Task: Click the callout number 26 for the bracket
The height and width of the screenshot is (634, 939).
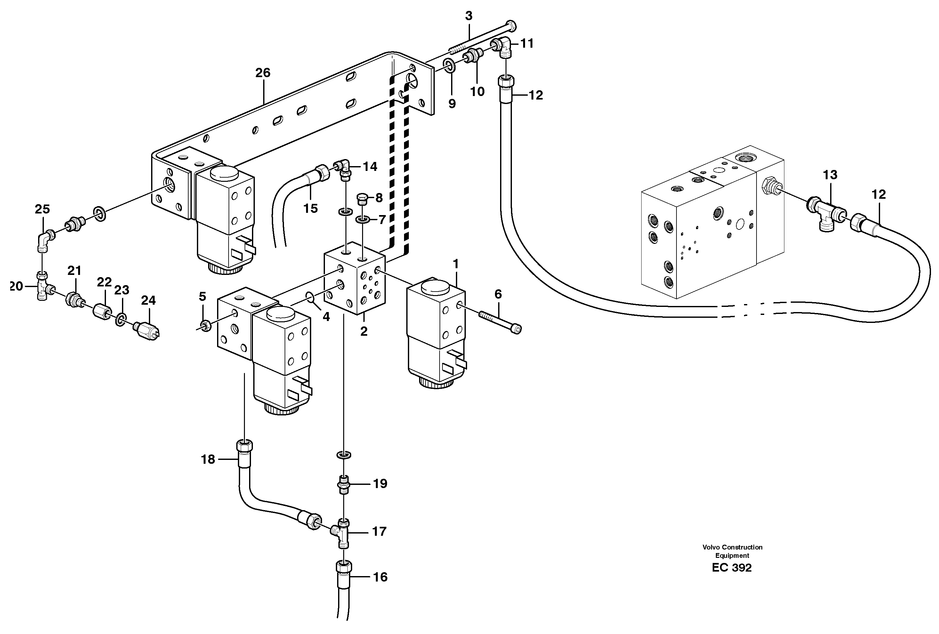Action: pos(263,73)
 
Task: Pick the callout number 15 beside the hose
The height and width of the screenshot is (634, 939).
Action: pos(310,208)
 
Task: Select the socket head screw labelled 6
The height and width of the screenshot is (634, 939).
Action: pos(500,321)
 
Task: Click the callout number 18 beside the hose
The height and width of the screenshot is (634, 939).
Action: pos(208,460)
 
